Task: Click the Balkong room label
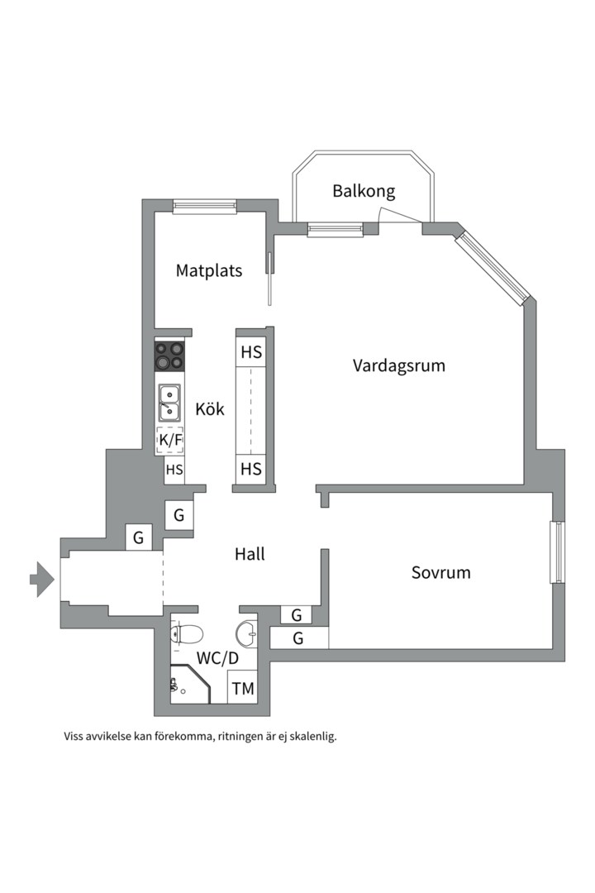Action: coord(364,192)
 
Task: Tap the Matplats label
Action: coord(209,270)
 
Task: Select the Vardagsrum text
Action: coord(399,365)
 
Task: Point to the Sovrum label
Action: coord(441,572)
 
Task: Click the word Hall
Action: coord(250,554)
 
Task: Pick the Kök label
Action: coord(210,408)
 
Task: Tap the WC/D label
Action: coord(217,658)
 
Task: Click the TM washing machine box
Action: coord(242,688)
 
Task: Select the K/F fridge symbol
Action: coord(170,440)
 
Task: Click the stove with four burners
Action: coord(169,356)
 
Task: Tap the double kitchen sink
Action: coord(169,402)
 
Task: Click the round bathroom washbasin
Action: coord(247,635)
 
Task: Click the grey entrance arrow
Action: coord(40,579)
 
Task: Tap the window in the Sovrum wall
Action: coord(558,552)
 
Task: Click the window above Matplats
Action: coord(205,206)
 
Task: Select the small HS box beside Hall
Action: coord(174,470)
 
